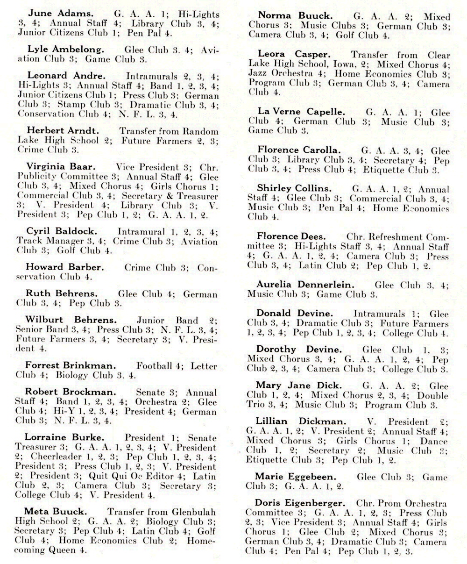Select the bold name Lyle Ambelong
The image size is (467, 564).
66,49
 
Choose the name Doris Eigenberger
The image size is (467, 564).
300,504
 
